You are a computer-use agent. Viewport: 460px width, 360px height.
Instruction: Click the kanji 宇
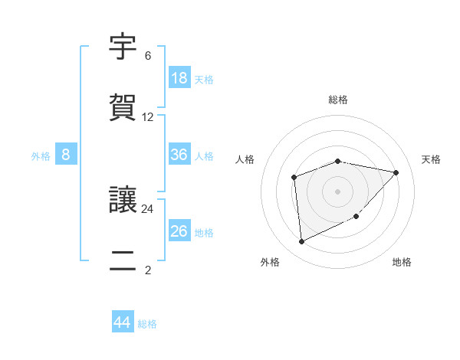click(x=123, y=47)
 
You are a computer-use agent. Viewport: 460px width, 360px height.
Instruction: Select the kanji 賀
click(x=123, y=108)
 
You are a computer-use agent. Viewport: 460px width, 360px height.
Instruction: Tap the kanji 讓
click(x=123, y=200)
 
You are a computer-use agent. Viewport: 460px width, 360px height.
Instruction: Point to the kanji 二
click(x=123, y=260)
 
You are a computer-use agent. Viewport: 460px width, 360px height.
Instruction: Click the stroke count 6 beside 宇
click(x=148, y=56)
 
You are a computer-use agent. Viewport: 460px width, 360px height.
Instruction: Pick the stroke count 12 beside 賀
click(x=148, y=117)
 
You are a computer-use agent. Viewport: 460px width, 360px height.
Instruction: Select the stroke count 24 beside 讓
click(x=148, y=208)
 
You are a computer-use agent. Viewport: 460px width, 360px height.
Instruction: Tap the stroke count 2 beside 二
click(x=148, y=270)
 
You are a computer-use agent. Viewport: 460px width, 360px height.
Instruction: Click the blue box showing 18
click(x=179, y=78)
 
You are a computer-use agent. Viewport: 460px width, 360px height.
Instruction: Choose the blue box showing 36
click(x=179, y=155)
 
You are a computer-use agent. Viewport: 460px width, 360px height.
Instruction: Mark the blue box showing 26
click(x=179, y=231)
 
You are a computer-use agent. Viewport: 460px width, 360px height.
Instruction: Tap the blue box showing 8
click(x=66, y=155)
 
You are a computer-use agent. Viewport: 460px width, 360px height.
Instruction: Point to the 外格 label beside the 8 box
click(x=41, y=156)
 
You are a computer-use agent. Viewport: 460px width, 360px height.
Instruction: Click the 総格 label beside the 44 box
click(x=147, y=324)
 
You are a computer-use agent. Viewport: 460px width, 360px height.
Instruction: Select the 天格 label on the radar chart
click(x=431, y=159)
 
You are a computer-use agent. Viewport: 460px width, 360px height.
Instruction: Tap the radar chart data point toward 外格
click(x=301, y=242)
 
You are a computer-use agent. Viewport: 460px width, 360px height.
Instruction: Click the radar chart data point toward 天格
click(x=396, y=172)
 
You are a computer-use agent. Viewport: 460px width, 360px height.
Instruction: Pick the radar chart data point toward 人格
click(x=294, y=178)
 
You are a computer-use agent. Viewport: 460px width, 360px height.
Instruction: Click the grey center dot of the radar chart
click(x=338, y=190)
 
